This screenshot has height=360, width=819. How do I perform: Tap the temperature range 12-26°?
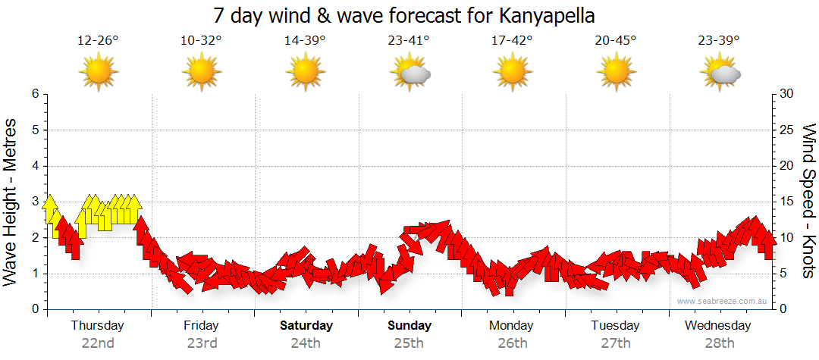click(x=98, y=41)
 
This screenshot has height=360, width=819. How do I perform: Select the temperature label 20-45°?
click(x=615, y=41)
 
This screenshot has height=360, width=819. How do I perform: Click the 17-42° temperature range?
click(x=512, y=41)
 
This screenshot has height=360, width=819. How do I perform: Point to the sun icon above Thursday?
click(x=98, y=73)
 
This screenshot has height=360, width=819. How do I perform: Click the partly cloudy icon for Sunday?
click(x=409, y=73)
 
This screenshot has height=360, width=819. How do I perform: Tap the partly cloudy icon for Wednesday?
click(x=720, y=73)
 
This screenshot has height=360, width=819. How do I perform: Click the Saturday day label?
click(x=306, y=326)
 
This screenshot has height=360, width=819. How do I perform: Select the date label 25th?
click(x=409, y=343)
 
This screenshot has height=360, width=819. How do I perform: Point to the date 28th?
click(x=718, y=343)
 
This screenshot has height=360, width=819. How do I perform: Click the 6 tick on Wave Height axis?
click(x=35, y=94)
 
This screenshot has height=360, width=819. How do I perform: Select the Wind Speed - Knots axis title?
click(x=808, y=201)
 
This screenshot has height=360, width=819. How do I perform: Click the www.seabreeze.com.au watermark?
click(x=723, y=302)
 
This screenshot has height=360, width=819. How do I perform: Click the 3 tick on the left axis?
click(x=35, y=202)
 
